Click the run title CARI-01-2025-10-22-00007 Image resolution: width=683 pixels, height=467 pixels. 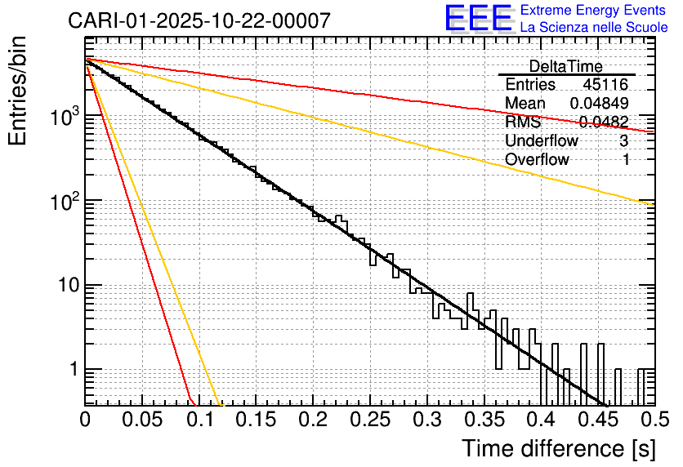199,21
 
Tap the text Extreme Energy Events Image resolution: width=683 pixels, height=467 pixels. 594,11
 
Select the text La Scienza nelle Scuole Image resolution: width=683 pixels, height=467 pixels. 594,27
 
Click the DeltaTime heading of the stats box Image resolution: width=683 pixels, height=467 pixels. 565,66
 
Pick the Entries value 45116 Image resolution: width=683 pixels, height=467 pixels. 605,85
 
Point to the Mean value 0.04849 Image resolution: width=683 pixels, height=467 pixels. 599,104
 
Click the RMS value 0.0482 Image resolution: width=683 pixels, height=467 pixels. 604,122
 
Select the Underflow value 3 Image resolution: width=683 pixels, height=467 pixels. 624,141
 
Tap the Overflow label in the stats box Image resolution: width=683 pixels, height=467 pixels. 537,160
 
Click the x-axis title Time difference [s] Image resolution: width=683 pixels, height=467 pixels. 557,448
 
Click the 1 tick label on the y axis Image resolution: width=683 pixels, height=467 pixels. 71,370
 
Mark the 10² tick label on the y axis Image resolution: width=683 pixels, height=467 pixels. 62,200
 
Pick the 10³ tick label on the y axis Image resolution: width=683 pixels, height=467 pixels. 62,116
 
